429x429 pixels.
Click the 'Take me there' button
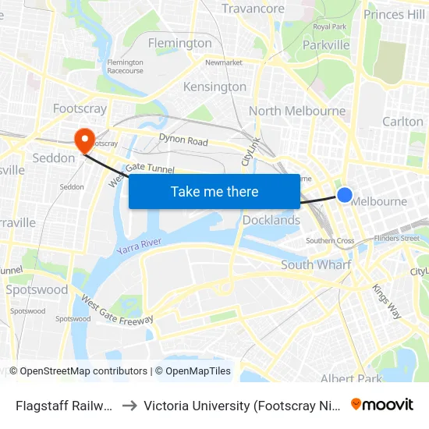tap(214, 191)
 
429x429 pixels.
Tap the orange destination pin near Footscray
tap(83, 140)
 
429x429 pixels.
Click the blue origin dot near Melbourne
tap(344, 195)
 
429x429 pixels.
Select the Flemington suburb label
tap(179, 43)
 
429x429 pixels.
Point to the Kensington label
tap(214, 87)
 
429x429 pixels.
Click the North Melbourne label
tap(296, 111)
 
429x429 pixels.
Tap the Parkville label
tap(325, 45)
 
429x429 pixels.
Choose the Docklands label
tap(271, 220)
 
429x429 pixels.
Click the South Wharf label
tap(316, 264)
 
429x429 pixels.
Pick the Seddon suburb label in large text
tap(54, 158)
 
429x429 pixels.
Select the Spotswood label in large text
tap(37, 289)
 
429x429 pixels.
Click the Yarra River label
tap(139, 246)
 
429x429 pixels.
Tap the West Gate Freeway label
tap(116, 310)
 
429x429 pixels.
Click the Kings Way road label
tap(387, 300)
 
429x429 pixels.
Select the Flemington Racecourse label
tap(125, 66)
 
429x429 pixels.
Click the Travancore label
tap(253, 9)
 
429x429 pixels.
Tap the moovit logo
tap(381, 404)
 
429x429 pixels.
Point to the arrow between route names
tap(129, 405)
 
